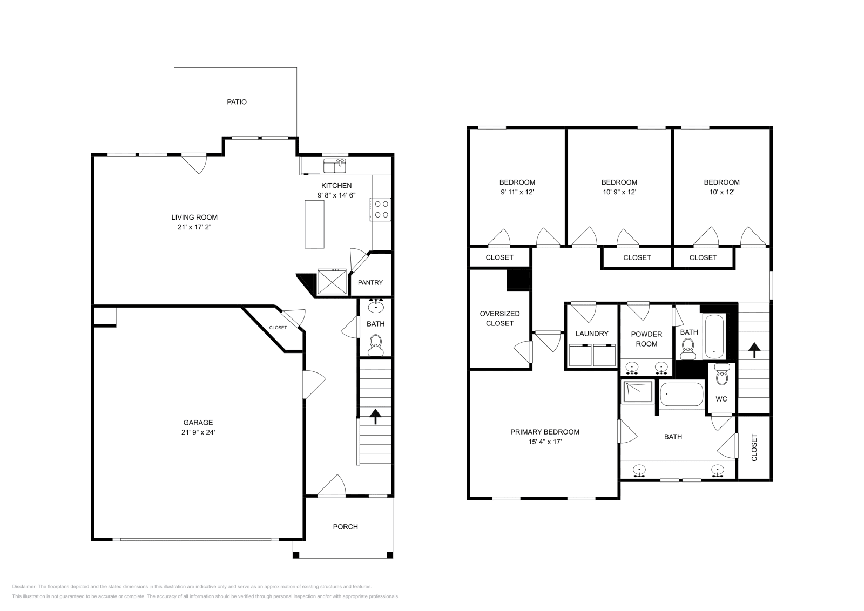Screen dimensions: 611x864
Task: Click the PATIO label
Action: coord(237,102)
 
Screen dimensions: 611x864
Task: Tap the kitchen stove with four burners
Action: coord(382,209)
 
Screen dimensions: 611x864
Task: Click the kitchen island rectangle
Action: coord(314,224)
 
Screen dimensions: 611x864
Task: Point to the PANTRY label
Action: coord(370,283)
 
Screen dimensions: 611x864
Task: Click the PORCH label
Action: coord(345,527)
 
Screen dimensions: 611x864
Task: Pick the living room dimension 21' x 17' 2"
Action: coord(194,227)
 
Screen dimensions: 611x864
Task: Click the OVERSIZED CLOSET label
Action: coord(500,318)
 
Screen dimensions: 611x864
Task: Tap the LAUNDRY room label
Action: coord(592,334)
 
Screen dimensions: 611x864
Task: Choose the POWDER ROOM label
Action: coord(646,339)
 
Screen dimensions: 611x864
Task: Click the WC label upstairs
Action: coord(721,399)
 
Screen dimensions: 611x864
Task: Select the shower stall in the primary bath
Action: coord(638,392)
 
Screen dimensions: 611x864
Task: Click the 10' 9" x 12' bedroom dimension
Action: coord(619,192)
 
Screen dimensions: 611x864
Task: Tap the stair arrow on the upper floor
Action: coord(754,351)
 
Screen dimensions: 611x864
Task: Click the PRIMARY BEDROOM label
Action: coord(545,432)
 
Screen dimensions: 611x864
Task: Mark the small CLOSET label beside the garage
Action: coord(278,328)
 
